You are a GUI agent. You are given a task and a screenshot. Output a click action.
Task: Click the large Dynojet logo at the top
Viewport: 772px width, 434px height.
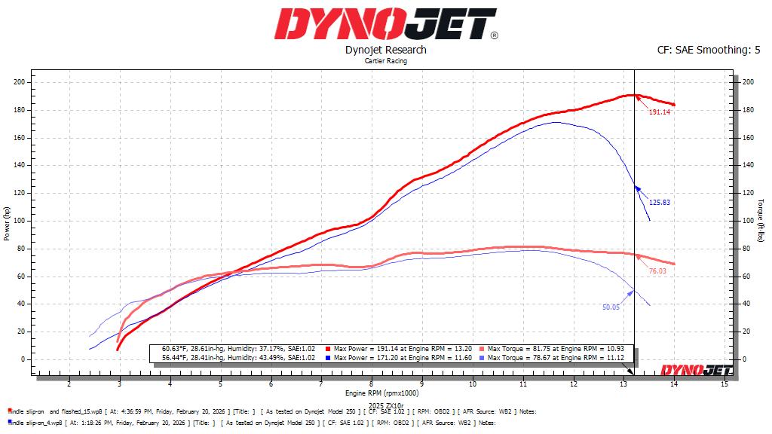(385, 23)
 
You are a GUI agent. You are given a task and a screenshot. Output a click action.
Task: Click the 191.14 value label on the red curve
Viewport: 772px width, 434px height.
(660, 112)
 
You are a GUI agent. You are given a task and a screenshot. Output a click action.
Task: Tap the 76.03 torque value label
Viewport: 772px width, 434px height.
(657, 270)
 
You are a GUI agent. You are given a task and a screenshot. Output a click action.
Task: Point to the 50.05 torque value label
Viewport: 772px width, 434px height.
(610, 307)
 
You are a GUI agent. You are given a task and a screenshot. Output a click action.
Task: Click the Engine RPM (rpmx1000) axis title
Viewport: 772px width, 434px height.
(385, 393)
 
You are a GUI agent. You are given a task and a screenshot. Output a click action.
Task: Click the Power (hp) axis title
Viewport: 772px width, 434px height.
(7, 224)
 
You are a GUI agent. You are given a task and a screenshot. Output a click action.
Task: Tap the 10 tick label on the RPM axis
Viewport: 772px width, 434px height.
(472, 384)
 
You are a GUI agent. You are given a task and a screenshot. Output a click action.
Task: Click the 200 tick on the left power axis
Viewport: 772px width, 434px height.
(20, 82)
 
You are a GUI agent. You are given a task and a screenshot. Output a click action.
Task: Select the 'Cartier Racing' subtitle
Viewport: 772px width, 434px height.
(385, 61)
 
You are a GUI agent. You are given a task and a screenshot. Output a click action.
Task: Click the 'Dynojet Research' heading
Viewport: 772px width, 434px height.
(385, 50)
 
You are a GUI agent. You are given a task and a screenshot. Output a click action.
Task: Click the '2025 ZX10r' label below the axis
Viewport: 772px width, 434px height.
(385, 406)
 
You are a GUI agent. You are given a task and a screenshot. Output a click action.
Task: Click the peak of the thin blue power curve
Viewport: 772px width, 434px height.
(556, 122)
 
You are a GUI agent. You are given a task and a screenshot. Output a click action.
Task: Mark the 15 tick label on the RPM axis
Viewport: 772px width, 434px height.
(724, 384)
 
